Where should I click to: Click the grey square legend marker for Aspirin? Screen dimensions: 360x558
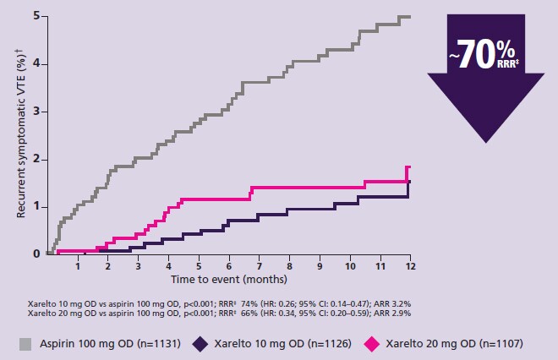click(26, 344)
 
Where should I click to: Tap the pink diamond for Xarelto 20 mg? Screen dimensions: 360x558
click(370, 344)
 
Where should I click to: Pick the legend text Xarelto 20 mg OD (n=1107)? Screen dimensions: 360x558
click(451, 344)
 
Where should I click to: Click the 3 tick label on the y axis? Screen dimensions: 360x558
click(36, 111)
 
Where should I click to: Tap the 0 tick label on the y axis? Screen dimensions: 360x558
click(36, 254)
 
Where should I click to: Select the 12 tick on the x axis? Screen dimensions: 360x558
click(410, 267)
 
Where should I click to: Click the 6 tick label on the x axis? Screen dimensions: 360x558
click(229, 267)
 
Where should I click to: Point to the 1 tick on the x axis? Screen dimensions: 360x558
click(78, 267)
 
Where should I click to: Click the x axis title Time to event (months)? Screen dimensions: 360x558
click(229, 278)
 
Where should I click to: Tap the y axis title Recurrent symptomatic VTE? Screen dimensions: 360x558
click(21, 135)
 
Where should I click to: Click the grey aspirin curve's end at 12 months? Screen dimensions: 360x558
click(409, 17)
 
